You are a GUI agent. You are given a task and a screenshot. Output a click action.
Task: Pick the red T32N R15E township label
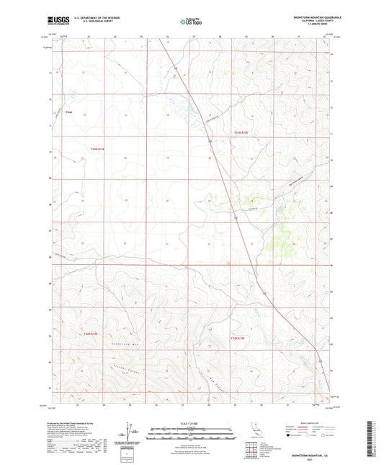click(238, 337)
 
